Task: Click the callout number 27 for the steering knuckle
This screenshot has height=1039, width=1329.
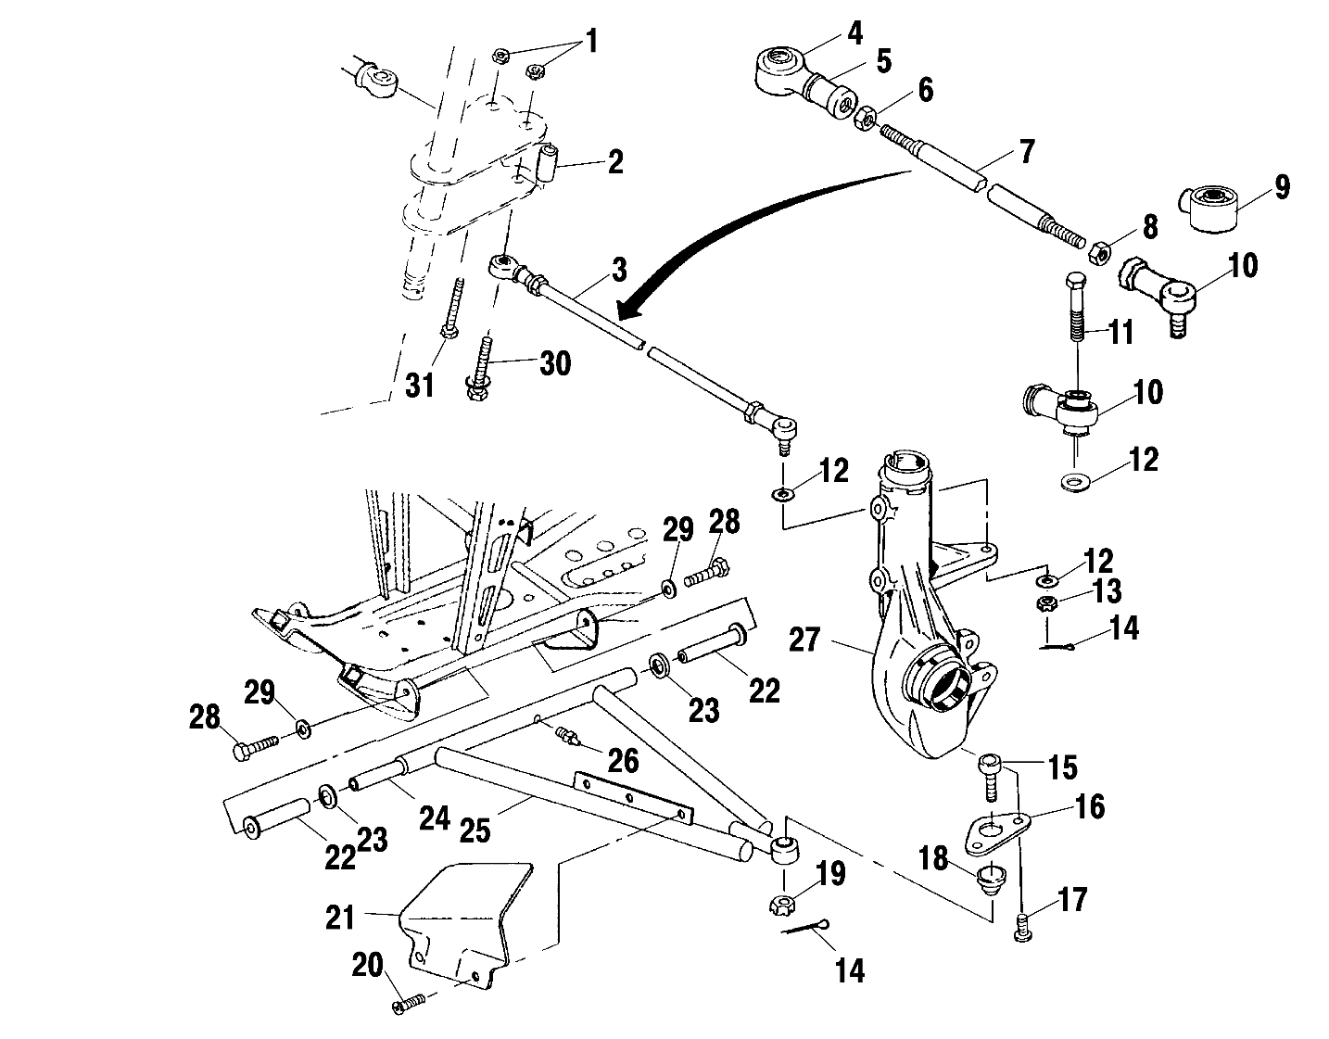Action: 805,640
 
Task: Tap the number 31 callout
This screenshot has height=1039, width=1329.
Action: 421,385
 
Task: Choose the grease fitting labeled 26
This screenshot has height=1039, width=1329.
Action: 566,738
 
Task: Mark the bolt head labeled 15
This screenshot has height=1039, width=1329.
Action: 989,766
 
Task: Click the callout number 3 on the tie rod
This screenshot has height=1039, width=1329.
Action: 619,271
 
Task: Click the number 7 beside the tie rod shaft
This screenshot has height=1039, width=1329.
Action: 1025,151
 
